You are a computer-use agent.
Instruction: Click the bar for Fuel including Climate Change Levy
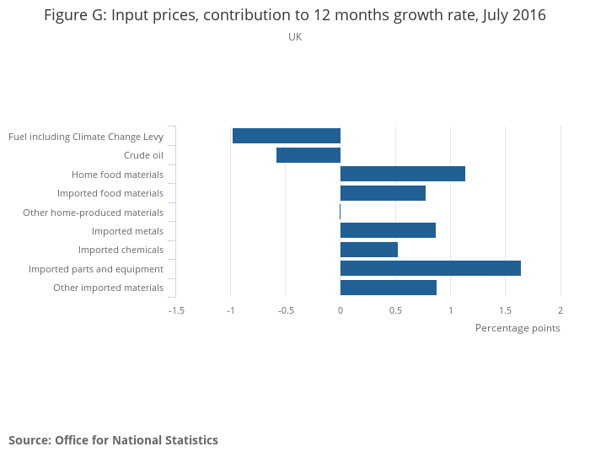tap(287, 136)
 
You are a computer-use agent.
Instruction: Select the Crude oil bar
tap(308, 155)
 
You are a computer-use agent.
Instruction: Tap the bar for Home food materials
tap(403, 174)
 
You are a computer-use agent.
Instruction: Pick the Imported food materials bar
tap(383, 193)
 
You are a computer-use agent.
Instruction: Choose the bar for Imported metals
tap(388, 230)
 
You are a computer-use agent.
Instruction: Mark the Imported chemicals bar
tap(369, 250)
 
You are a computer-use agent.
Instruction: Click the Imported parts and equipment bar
tap(431, 268)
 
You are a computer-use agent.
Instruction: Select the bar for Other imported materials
tap(389, 288)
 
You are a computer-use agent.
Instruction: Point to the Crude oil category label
tap(143, 155)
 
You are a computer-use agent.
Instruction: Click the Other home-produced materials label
tap(93, 213)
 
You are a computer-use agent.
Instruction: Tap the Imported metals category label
tap(127, 231)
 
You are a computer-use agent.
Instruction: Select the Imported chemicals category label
tap(121, 250)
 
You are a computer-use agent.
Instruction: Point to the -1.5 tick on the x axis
tap(176, 310)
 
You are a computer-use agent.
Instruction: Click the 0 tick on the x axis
tap(341, 310)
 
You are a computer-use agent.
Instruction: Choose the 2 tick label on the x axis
tap(560, 310)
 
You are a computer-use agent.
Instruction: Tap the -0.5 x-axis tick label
tap(286, 310)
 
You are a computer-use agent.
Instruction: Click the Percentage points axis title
tap(518, 328)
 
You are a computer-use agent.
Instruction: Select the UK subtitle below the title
tap(295, 37)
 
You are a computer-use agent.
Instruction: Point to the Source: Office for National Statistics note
tap(113, 440)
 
